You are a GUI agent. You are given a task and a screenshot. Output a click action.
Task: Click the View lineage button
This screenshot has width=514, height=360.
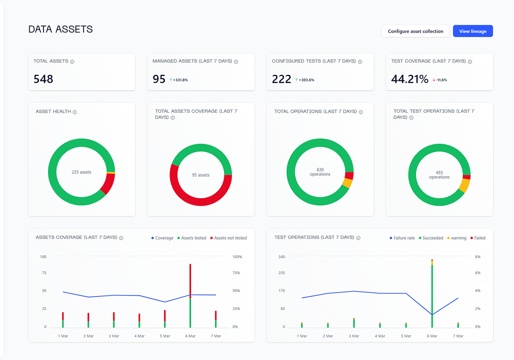[473, 31]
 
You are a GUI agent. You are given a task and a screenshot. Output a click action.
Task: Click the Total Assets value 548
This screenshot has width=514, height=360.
[43, 79]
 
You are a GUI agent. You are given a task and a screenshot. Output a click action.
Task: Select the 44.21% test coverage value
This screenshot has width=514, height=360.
[410, 79]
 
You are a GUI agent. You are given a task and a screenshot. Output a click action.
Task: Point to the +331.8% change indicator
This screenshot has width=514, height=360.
[179, 80]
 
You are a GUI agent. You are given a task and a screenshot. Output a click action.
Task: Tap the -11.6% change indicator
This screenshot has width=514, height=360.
[440, 80]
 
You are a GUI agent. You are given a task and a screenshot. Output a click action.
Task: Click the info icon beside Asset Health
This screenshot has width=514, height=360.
[75, 112]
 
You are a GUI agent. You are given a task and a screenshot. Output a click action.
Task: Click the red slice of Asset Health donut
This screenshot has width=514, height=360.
[108, 184]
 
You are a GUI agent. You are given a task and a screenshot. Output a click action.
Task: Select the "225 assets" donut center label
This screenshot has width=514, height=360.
[81, 172]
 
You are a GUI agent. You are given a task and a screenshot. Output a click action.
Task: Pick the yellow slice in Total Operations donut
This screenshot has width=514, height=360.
[347, 183]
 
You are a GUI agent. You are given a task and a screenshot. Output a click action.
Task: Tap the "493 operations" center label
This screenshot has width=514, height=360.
[439, 174]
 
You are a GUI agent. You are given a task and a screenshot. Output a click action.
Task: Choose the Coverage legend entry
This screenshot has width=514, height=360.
[162, 238]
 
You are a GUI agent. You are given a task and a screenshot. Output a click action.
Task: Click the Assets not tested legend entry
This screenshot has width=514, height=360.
[228, 238]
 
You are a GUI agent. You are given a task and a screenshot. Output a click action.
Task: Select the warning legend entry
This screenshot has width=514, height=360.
[457, 238]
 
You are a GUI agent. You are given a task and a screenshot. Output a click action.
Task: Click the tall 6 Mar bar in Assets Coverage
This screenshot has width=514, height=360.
[190, 296]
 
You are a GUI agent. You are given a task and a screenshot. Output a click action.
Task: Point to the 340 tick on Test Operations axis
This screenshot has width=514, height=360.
[282, 257]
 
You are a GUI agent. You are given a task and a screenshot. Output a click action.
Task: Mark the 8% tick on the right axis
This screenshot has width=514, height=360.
[478, 257]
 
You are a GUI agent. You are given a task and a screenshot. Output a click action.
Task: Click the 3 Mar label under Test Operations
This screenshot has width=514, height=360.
[354, 336]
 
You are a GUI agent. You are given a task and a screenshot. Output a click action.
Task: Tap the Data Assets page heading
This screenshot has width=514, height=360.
[61, 30]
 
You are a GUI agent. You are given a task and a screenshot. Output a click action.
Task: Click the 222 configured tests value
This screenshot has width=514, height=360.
[282, 79]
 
